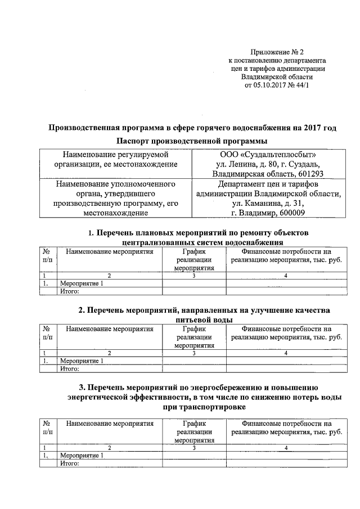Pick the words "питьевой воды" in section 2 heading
coord(200,319)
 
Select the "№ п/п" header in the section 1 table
coord(48,256)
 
